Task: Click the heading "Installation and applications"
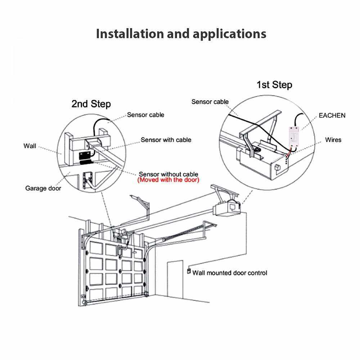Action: point(181,34)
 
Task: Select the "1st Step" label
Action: point(274,85)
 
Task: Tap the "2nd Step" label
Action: point(91,104)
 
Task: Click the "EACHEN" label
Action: point(332,116)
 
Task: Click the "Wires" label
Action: point(333,139)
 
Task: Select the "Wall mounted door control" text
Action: point(230,273)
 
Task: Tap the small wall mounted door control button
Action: point(188,271)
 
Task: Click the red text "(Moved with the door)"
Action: point(168,180)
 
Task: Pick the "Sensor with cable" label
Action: point(166,140)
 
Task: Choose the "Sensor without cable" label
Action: point(168,174)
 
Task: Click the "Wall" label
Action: point(30,146)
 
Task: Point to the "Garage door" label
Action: point(43,188)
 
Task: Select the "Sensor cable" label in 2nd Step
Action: point(145,115)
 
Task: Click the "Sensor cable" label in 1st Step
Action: point(210,102)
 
